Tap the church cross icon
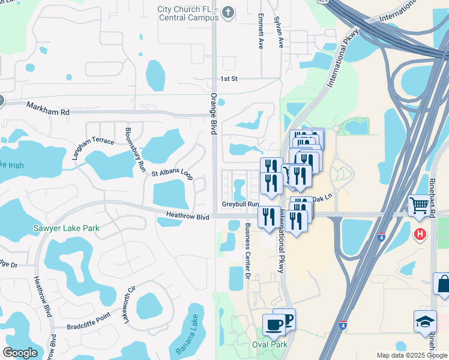(x=228, y=11)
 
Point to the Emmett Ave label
(x=261, y=31)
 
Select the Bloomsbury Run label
(x=134, y=150)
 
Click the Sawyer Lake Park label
(x=66, y=228)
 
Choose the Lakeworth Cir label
(x=130, y=305)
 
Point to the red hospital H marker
(x=420, y=233)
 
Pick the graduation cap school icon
(x=424, y=320)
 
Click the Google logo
(x=20, y=353)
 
